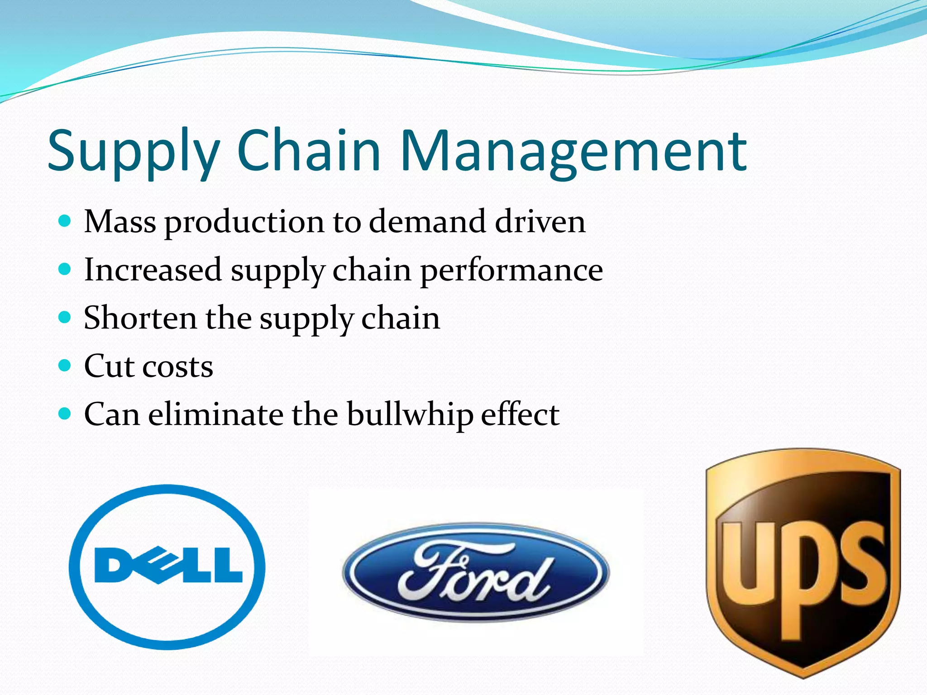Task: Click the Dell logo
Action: click(167, 566)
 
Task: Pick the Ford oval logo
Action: click(476, 572)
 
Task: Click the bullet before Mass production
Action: click(65, 221)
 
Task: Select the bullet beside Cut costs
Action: click(65, 365)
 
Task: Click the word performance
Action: click(511, 270)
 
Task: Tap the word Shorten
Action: click(140, 318)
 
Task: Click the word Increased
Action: click(153, 270)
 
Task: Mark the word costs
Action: click(178, 366)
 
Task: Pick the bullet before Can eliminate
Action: click(65, 413)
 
